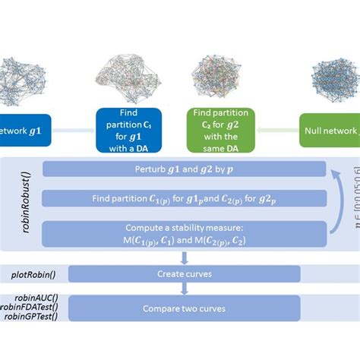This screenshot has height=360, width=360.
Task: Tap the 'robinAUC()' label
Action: point(32,298)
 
